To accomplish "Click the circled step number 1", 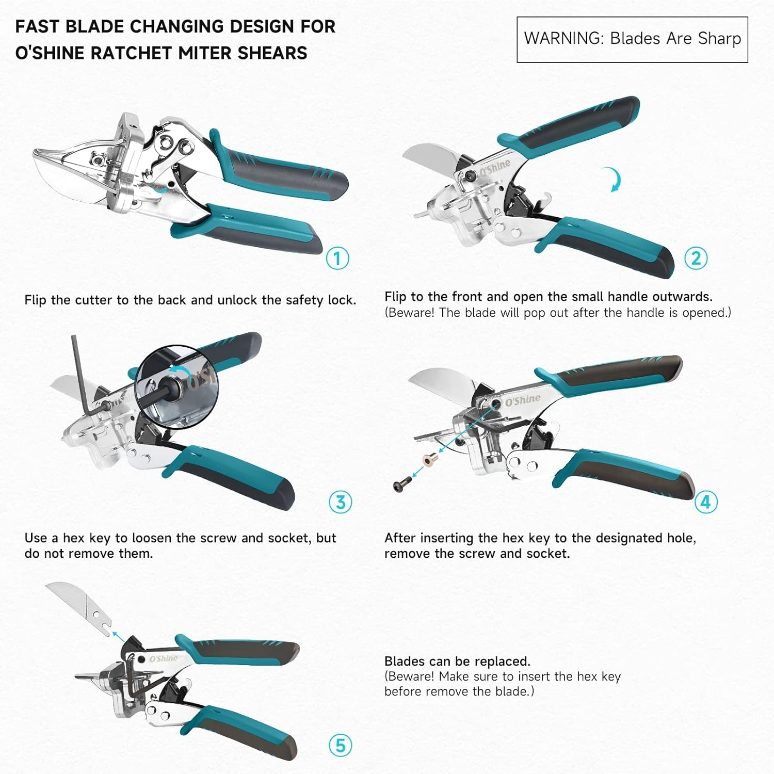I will pyautogui.click(x=337, y=258).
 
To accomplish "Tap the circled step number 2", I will pyautogui.click(x=696, y=258).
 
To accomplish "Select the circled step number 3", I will pyautogui.click(x=341, y=502).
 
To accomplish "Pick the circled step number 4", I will pyautogui.click(x=705, y=502).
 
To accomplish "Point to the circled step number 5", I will pyautogui.click(x=341, y=746).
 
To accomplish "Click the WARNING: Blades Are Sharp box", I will pyautogui.click(x=632, y=39).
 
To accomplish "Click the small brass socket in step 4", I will pyautogui.click(x=429, y=458).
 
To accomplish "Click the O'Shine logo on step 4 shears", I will pyautogui.click(x=523, y=400).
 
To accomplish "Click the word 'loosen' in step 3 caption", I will pyautogui.click(x=152, y=538).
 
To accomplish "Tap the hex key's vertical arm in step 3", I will pyautogui.click(x=77, y=372).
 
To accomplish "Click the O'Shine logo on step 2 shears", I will pyautogui.click(x=495, y=168).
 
